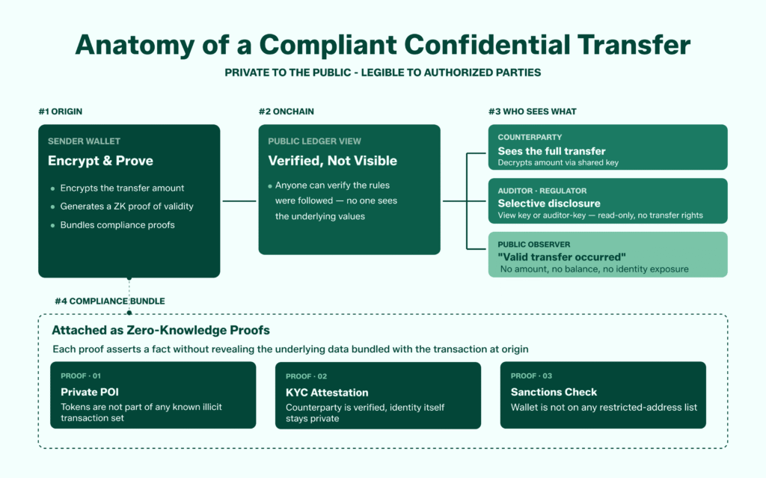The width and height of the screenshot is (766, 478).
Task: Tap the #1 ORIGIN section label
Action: coord(61,111)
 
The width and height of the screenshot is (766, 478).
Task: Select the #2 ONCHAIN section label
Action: coord(287,111)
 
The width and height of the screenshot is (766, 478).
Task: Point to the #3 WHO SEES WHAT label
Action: coord(532,111)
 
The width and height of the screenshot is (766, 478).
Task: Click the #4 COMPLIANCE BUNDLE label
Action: coord(109,301)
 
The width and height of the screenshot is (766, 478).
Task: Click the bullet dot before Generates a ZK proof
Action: coord(52,206)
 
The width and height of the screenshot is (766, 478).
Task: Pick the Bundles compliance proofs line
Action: coord(117,224)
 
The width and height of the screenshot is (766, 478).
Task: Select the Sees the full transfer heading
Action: coord(551,151)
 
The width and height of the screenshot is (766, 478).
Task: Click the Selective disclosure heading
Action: coord(549,203)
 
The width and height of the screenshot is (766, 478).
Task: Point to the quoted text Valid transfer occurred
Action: coord(562,257)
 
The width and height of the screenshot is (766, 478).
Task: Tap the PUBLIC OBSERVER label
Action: coord(535,245)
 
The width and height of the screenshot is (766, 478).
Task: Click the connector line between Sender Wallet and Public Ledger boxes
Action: coord(239,200)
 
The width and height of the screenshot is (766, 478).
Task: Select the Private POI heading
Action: coord(89,392)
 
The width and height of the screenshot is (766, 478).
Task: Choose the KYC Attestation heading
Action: coord(327,392)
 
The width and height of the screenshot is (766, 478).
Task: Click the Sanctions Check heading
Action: coord(554,392)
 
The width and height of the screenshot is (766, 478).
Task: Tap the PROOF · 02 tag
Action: coord(306,376)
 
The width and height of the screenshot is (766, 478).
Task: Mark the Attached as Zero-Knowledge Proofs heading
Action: coord(161,330)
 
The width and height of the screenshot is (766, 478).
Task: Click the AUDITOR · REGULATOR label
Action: coord(542,191)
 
